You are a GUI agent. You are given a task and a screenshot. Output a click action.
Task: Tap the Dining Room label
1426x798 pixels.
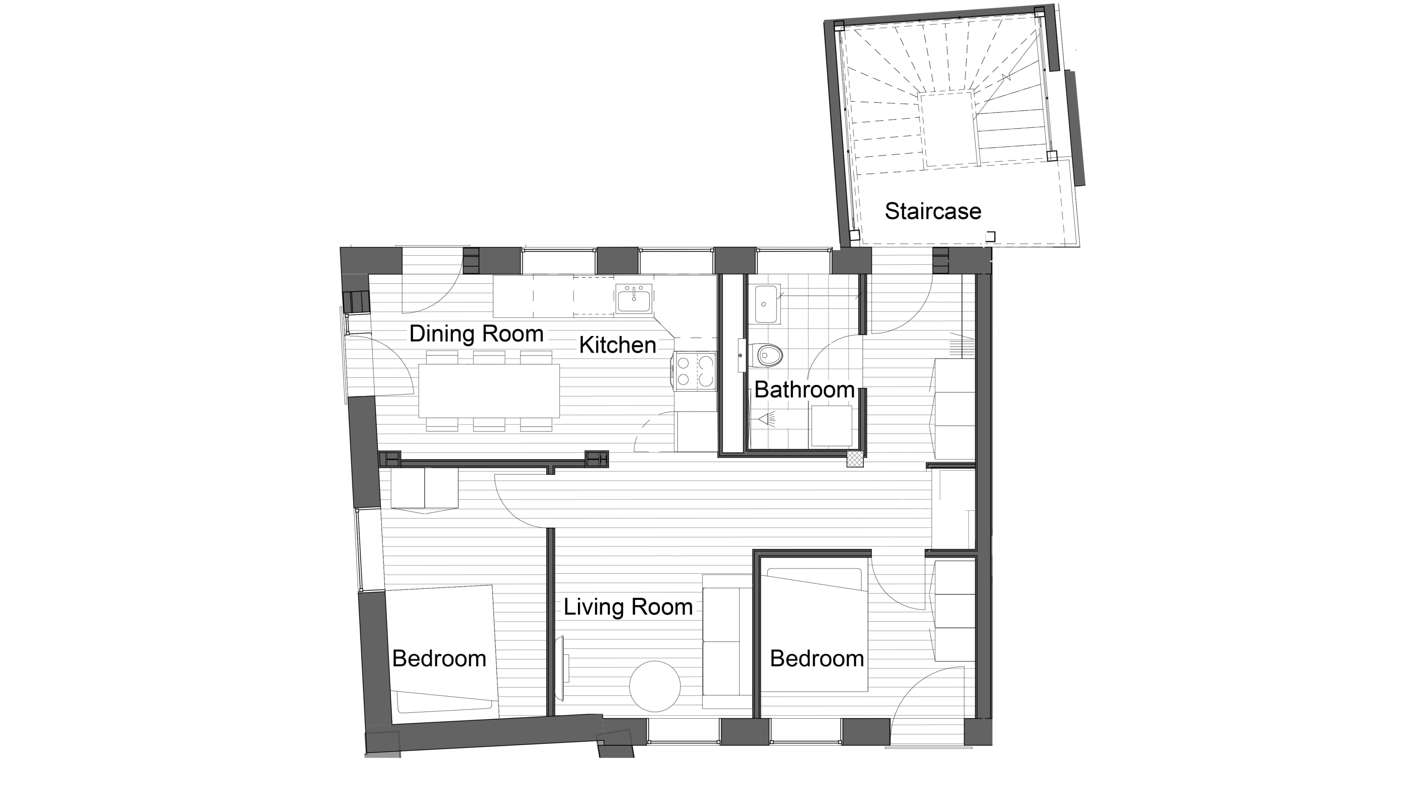476,334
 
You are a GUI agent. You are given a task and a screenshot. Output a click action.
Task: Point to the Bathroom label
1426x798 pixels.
804,390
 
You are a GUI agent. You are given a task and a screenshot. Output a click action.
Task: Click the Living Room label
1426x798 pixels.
628,607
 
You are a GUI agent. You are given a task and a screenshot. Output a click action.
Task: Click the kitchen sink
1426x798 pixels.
634,299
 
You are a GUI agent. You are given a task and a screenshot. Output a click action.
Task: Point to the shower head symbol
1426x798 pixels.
767,420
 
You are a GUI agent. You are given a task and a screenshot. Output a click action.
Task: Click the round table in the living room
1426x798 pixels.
655,686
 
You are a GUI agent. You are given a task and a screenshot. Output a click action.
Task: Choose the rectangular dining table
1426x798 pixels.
489,391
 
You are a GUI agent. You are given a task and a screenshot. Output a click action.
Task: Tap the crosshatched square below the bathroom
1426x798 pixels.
855,459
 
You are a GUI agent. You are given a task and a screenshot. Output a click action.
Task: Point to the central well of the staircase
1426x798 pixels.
948,128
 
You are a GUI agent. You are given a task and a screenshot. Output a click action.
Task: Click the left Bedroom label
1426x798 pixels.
439,659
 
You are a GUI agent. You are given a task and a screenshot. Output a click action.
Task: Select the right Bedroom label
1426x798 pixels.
817,659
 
